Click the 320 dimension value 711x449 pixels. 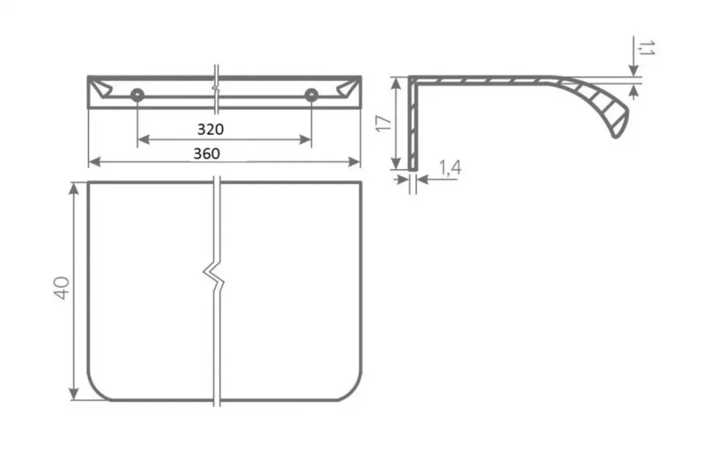[x=210, y=129]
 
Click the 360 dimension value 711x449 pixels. [x=207, y=154]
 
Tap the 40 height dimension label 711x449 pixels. [x=62, y=288]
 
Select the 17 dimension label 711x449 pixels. [x=384, y=124]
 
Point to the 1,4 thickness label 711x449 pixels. [x=450, y=168]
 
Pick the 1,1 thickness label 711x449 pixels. [x=646, y=48]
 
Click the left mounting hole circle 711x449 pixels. [x=137, y=95]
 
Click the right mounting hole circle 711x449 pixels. [x=311, y=95]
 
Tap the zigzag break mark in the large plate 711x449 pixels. [x=213, y=275]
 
